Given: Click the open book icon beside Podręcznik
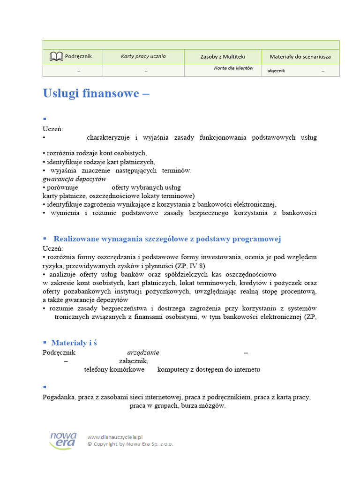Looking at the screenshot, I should coord(56,57).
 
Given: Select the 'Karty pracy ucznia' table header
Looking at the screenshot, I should coord(143,56).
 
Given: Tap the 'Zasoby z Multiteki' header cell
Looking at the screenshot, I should coord(223,57).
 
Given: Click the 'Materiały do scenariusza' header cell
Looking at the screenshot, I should coord(300,57).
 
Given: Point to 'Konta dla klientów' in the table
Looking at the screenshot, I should coord(233,68).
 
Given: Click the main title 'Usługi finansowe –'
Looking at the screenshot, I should coord(96,93).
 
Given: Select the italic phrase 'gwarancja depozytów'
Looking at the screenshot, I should coord(74,179).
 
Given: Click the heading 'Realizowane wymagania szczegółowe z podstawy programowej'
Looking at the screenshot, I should coord(167,239).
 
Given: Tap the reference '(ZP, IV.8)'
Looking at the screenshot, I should coord(190,266).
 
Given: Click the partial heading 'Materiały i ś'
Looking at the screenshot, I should coord(74,343).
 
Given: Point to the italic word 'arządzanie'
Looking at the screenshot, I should coord(143,352).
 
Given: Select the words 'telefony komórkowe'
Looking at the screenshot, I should coord(114,369).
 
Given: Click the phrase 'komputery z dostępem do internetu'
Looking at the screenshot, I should coord(209,369).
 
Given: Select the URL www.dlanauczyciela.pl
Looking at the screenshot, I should coord(115,437).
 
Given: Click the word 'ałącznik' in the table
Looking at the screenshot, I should coord(276,71).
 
